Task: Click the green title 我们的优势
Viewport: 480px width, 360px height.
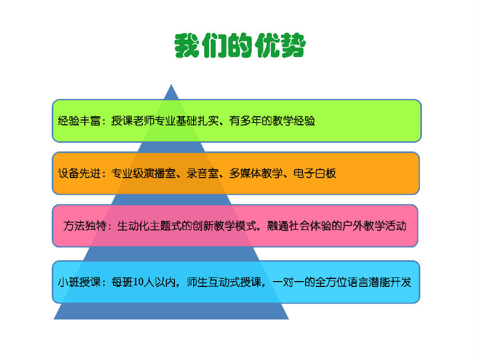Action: point(240,45)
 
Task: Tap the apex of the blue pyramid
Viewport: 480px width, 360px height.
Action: point(171,84)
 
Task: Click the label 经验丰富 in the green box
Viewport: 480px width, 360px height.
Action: point(79,121)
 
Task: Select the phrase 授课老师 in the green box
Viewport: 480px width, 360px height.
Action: point(133,121)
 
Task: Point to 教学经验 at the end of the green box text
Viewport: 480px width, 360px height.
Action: point(293,121)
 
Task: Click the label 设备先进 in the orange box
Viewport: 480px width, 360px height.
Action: point(79,173)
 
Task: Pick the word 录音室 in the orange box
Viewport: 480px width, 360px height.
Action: point(203,173)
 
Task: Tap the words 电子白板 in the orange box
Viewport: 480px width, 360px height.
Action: point(315,173)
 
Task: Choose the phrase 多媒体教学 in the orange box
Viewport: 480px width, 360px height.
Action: point(256,173)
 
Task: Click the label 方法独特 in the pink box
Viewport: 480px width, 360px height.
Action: point(85,226)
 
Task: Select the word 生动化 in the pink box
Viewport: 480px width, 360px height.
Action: point(133,226)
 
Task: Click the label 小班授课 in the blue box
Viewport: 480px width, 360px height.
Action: point(79,282)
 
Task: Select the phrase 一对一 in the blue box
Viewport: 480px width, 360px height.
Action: point(288,282)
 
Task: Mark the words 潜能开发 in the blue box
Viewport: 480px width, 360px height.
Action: point(390,282)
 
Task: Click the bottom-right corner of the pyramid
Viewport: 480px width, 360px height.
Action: point(289,319)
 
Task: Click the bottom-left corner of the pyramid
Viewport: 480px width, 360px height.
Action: point(54,319)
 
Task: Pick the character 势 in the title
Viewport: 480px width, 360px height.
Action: point(293,45)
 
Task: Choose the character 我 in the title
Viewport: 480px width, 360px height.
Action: point(187,45)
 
